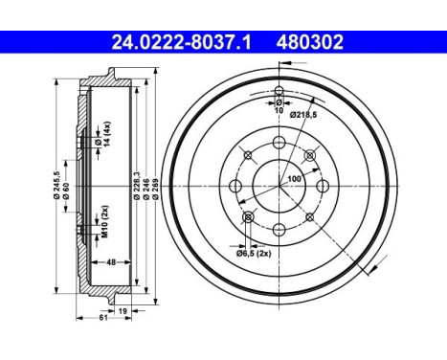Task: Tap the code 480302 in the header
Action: tap(309, 42)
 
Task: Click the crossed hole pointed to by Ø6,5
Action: tap(248, 218)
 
